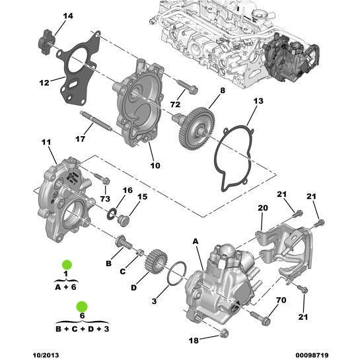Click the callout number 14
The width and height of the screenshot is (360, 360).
click(x=68, y=16)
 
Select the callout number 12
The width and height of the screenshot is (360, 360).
click(x=44, y=83)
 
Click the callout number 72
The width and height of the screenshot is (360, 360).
click(x=176, y=104)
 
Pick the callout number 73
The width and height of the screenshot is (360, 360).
click(x=104, y=199)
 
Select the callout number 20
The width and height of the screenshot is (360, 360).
click(x=262, y=207)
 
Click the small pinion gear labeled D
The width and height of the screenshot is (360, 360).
click(x=153, y=260)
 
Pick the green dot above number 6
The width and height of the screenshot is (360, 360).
click(x=81, y=305)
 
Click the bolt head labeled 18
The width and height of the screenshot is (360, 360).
click(x=223, y=334)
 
